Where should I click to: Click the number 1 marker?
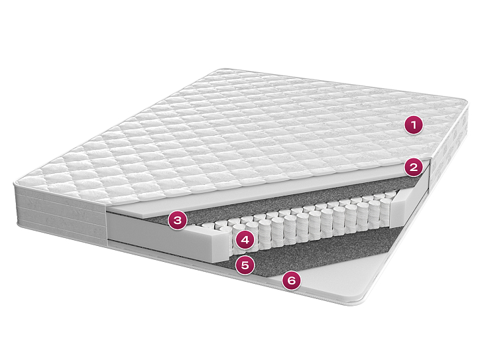414,125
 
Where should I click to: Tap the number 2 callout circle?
414,167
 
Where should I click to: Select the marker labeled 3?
178,220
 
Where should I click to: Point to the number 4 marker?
245,240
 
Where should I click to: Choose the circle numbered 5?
245,265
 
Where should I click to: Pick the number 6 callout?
292,280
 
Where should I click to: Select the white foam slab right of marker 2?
426,184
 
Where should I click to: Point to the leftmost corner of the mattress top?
15,183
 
